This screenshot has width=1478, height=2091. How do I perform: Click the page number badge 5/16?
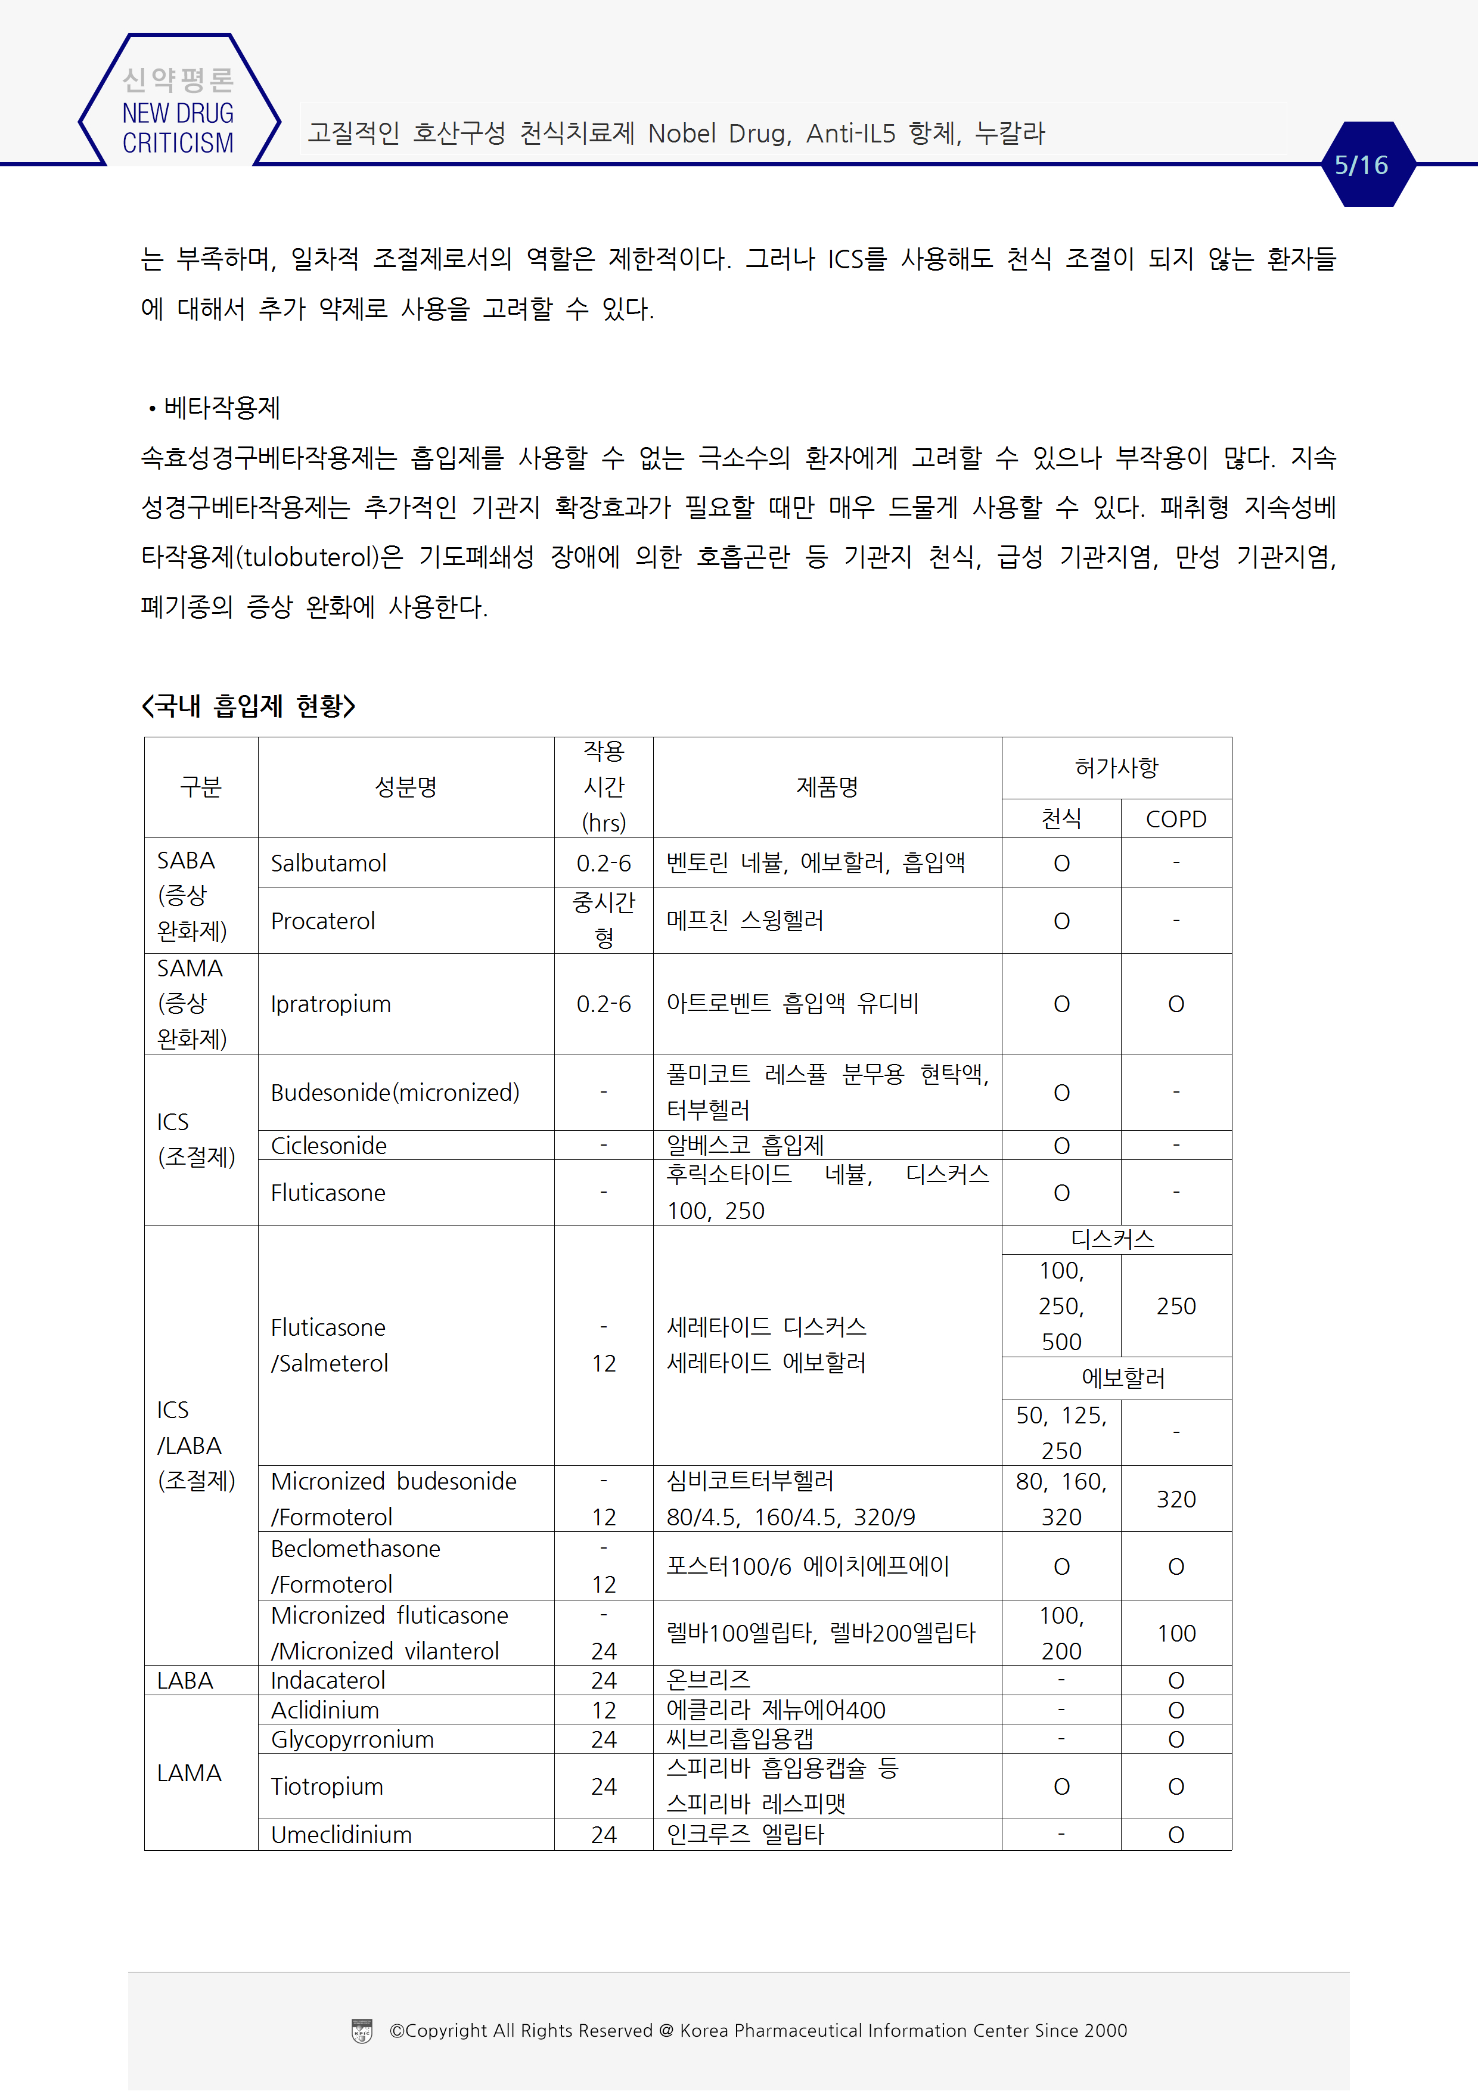coord(1361,165)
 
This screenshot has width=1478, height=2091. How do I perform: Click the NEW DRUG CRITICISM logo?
coord(178,112)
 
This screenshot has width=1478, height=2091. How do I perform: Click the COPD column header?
coord(1176,819)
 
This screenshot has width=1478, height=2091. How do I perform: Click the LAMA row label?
coord(190,1772)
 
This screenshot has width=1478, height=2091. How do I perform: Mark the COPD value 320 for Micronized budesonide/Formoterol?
coord(1176,1499)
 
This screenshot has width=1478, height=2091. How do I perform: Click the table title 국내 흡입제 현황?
coord(249,706)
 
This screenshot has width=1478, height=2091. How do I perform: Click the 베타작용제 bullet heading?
coord(221,407)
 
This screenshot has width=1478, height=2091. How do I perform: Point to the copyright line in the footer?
coord(757,2030)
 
